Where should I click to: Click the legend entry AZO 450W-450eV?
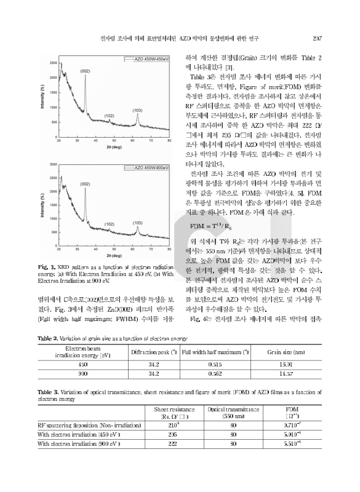pos(143,60)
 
